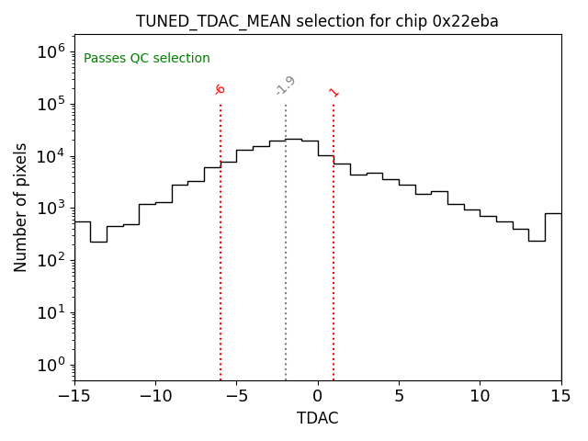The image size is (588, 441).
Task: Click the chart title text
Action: pyautogui.click(x=317, y=21)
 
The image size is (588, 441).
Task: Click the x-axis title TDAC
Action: pyautogui.click(x=317, y=418)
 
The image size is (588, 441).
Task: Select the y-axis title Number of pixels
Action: pyautogui.click(x=21, y=207)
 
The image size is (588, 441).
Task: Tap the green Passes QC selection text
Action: pyautogui.click(x=147, y=59)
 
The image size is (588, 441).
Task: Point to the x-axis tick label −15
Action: pyautogui.click(x=74, y=397)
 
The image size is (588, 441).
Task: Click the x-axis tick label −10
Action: pyautogui.click(x=155, y=397)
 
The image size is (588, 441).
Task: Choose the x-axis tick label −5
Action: pyautogui.click(x=236, y=397)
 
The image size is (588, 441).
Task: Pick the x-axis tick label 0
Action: pyautogui.click(x=318, y=397)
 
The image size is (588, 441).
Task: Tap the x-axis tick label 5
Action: pyautogui.click(x=399, y=397)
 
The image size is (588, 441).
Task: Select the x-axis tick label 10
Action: pyautogui.click(x=480, y=397)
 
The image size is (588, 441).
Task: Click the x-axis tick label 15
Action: pyautogui.click(x=560, y=397)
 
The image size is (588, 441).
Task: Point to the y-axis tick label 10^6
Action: pyautogui.click(x=51, y=51)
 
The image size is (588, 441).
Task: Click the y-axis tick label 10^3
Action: pyautogui.click(x=51, y=209)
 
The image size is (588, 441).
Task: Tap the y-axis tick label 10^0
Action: pyautogui.click(x=51, y=365)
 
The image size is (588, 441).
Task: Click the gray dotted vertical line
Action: pyautogui.click(x=286, y=239)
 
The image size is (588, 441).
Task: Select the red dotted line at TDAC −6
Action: pyautogui.click(x=220, y=239)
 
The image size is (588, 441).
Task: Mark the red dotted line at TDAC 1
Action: pyautogui.click(x=334, y=239)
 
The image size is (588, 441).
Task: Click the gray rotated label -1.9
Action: pyautogui.click(x=286, y=85)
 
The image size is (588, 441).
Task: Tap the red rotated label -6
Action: pyautogui.click(x=220, y=89)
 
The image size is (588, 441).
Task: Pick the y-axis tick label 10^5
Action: pyautogui.click(x=51, y=104)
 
